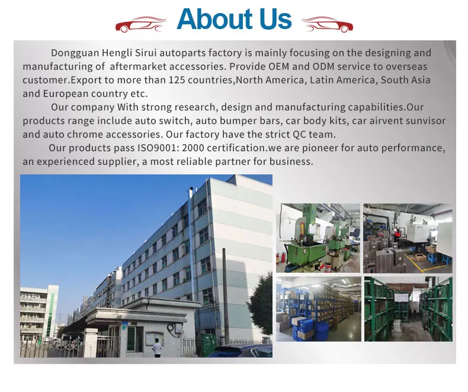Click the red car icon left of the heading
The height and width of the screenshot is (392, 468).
(x=140, y=24)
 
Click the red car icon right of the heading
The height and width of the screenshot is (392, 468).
(x=328, y=24)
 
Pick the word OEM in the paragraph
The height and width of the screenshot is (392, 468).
(x=279, y=66)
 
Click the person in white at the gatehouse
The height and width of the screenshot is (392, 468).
(x=157, y=348)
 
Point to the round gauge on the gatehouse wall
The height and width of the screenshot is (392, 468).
(x=171, y=327)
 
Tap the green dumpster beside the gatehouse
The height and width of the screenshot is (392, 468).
(x=209, y=344)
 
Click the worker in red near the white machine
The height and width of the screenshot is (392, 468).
(x=398, y=235)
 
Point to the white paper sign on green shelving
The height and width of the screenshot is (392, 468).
(x=401, y=298)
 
